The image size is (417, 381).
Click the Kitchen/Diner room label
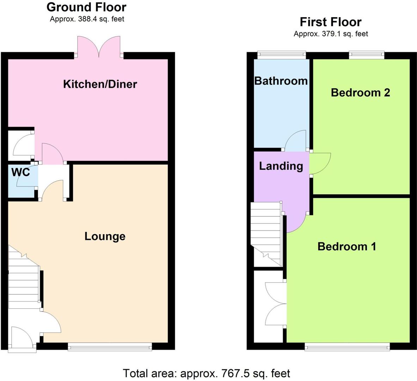[100, 84]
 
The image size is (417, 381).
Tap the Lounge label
[105, 236]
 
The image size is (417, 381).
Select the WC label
[20, 173]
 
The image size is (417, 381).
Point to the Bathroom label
[281, 81]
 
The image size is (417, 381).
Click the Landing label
[281, 166]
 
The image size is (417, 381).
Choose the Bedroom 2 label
[360, 92]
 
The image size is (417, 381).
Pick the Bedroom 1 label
[347, 246]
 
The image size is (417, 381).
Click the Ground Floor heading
[86, 7]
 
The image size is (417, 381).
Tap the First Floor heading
[331, 22]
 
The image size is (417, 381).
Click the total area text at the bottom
[206, 373]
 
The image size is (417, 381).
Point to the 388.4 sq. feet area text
[87, 19]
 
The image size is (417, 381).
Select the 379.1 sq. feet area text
[331, 34]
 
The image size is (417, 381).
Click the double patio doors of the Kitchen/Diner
[99, 47]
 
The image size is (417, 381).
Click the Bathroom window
[281, 54]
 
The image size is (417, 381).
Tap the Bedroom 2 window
[366, 54]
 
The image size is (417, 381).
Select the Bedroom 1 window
[347, 347]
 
